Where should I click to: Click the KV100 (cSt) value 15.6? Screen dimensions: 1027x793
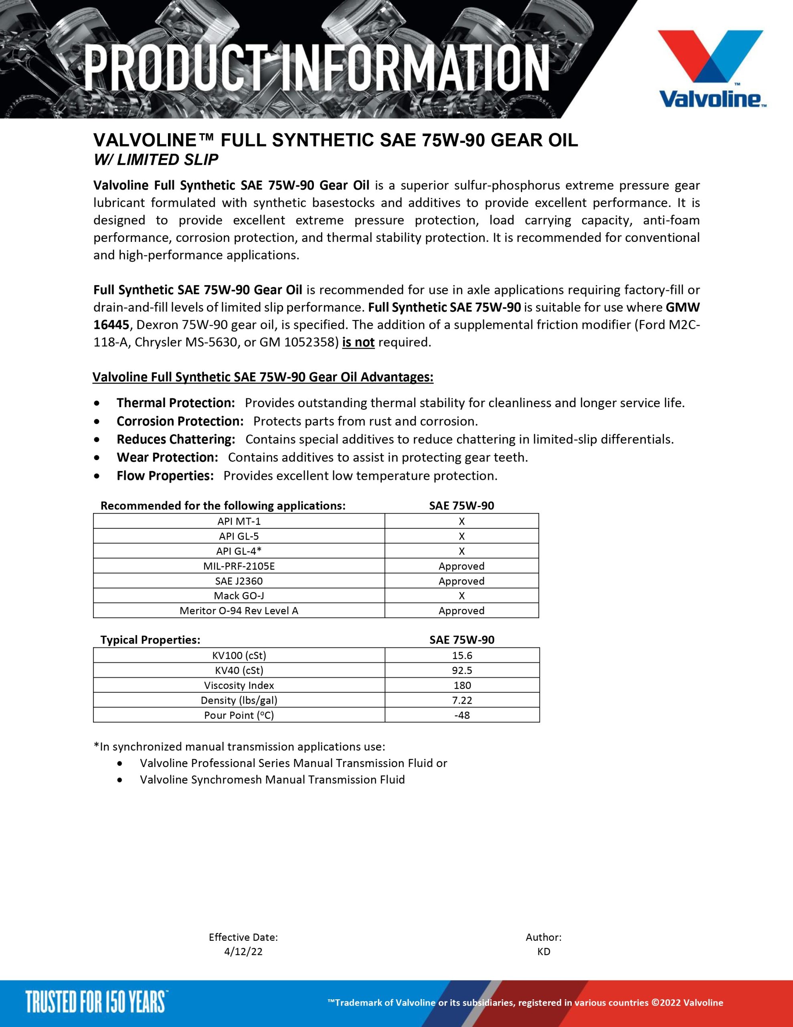tap(462, 655)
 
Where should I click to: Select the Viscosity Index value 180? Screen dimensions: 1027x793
tap(462, 685)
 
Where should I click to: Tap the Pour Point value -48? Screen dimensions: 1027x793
tap(462, 715)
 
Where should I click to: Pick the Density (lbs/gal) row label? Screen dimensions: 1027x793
tap(239, 700)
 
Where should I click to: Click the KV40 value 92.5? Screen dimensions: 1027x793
tap(462, 670)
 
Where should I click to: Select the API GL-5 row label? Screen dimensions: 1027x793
tap(239, 536)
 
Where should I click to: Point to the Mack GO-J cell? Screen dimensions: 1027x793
tap(239, 596)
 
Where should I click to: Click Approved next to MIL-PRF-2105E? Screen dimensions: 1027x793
tap(461, 566)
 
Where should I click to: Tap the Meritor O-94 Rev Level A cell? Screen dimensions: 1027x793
tap(239, 611)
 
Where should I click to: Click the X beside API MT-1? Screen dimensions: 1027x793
tap(461, 521)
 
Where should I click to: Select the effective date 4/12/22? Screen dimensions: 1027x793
tap(243, 951)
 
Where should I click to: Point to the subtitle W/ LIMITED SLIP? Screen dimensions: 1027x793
tap(156, 160)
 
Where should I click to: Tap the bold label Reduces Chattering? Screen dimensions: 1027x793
tap(176, 439)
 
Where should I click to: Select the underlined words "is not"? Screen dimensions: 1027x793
tap(358, 342)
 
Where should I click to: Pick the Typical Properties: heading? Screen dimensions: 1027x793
tap(150, 639)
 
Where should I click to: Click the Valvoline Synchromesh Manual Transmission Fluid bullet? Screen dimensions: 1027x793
tap(272, 779)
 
